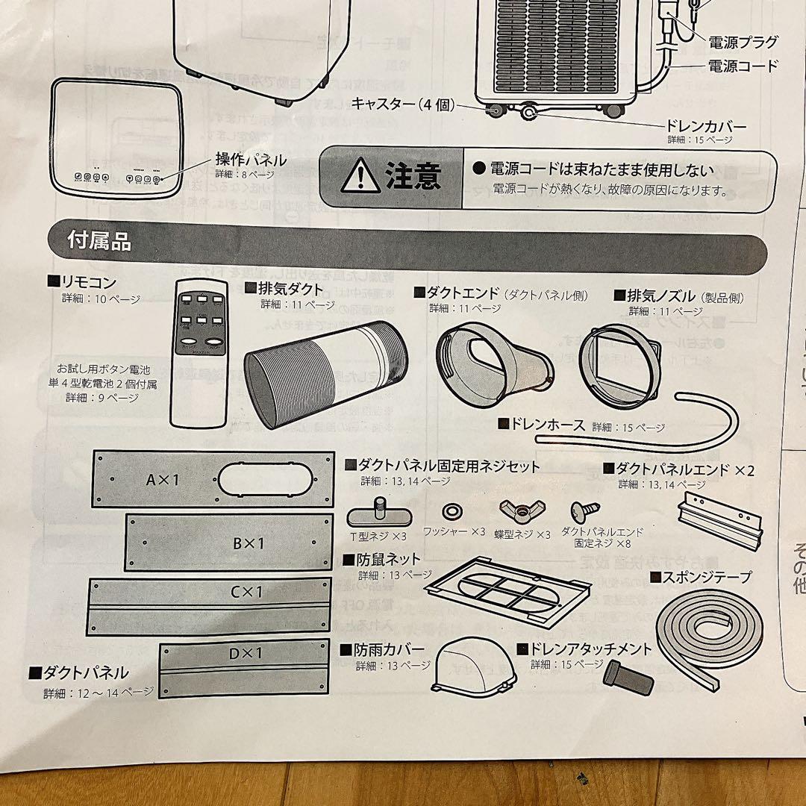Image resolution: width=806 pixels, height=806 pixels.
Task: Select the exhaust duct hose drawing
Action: pyautogui.click(x=326, y=372)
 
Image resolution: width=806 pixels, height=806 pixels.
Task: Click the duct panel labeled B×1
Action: pyautogui.click(x=228, y=543)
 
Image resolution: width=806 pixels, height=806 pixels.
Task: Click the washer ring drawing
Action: pyautogui.click(x=453, y=512)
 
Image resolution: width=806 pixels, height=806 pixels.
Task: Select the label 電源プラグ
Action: pyautogui.click(x=743, y=41)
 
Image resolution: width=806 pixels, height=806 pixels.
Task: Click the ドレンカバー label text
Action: pyautogui.click(x=705, y=126)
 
